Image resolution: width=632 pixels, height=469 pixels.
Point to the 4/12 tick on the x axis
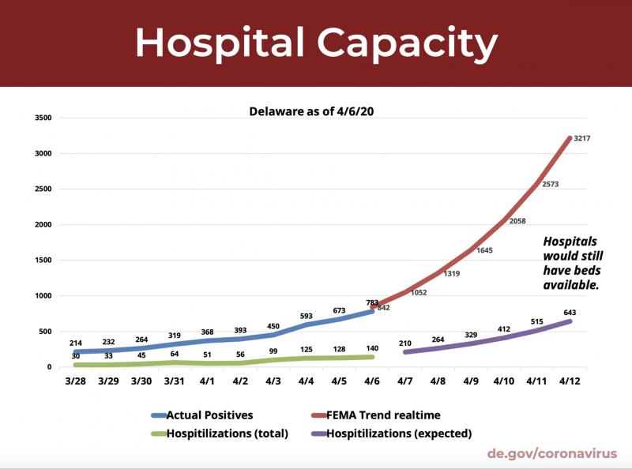(x=570, y=381)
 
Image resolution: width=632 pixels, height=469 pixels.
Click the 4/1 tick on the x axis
(x=207, y=381)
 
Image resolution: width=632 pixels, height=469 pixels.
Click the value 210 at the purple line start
(x=404, y=343)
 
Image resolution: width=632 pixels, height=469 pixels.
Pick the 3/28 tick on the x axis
(x=77, y=381)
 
